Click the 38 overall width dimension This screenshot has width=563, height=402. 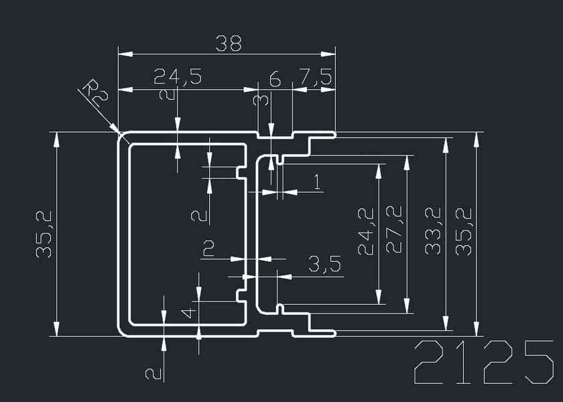coord(228,44)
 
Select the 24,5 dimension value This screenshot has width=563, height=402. coord(177,76)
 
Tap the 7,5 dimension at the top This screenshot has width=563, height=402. coord(315,77)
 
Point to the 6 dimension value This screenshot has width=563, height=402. coord(275,78)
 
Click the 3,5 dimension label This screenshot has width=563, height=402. coord(324,264)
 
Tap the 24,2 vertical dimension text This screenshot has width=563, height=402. coord(366,231)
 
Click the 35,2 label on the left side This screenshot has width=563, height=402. coord(44,233)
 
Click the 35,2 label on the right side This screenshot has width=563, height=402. coord(464,231)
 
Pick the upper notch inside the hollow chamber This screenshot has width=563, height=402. coord(240,173)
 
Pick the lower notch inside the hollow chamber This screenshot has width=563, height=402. coord(240,295)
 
